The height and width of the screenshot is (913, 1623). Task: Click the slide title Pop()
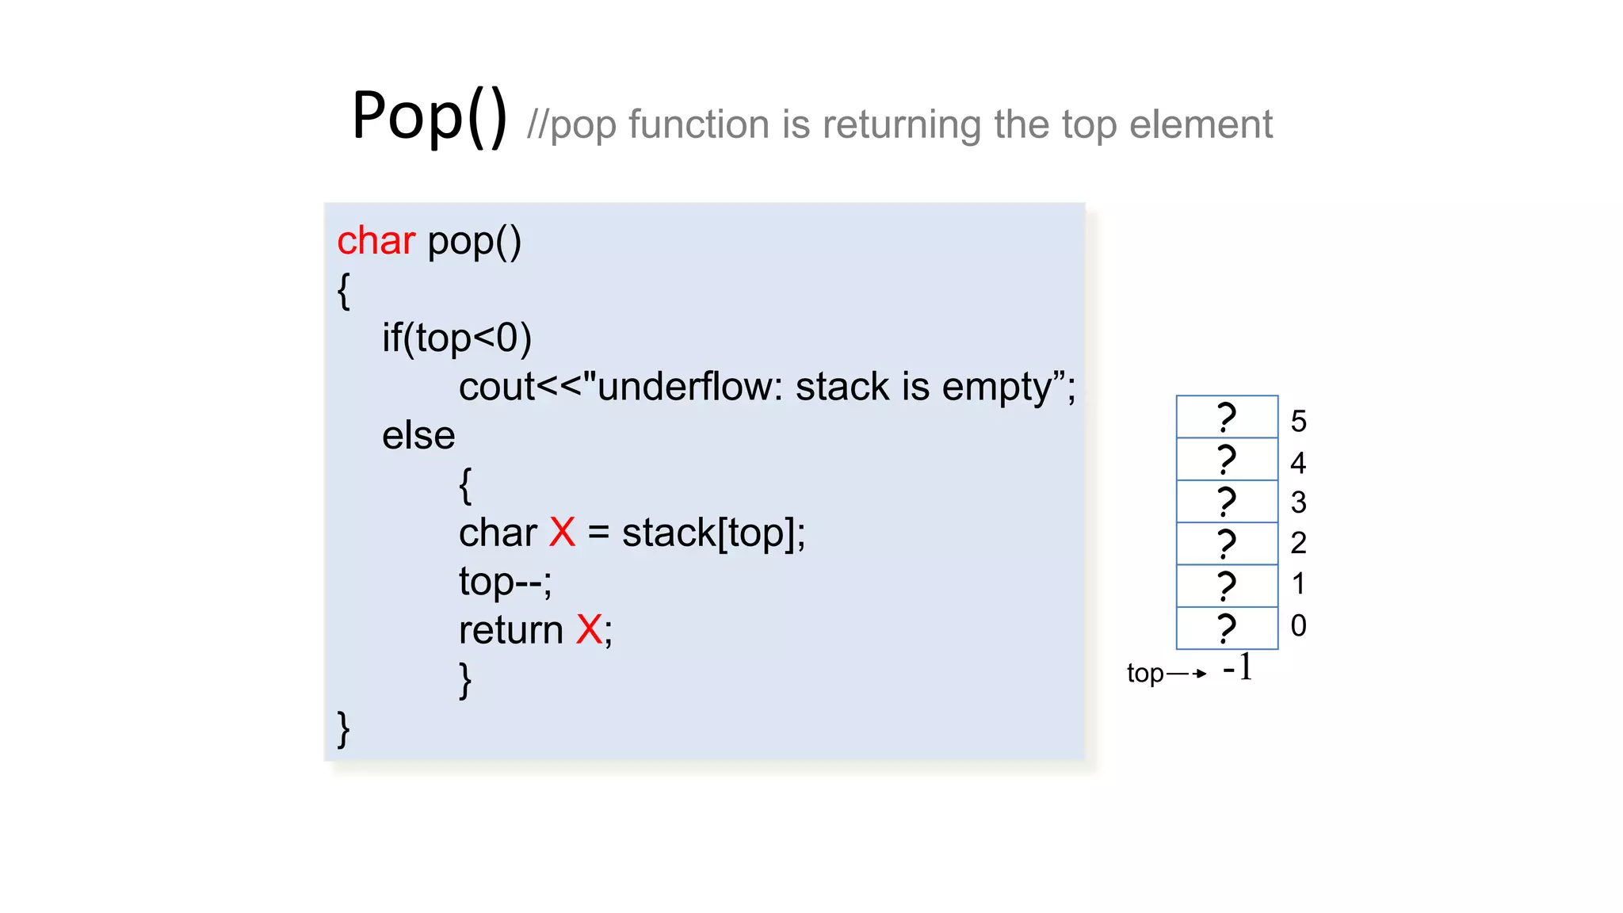coord(429,117)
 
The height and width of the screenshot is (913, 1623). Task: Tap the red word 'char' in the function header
coord(376,241)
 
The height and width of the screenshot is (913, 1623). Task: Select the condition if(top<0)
coord(456,338)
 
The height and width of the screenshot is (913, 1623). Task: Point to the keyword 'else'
coord(418,436)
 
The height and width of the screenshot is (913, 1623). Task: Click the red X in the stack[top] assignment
coord(562,533)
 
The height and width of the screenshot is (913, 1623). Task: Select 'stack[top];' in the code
coord(713,533)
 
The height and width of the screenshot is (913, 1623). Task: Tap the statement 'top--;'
coord(505,582)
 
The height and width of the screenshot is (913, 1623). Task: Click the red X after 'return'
coord(589,630)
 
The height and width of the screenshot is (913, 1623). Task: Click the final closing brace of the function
coord(343,729)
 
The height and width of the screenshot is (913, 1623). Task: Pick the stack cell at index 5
coord(1227,417)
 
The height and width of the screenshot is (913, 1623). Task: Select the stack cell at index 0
coord(1227,628)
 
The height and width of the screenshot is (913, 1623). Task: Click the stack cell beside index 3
coord(1227,502)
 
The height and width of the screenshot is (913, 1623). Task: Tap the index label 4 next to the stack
coord(1298,463)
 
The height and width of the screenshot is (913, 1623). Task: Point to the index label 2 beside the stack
coord(1298,544)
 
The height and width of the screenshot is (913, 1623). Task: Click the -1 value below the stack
coord(1238,668)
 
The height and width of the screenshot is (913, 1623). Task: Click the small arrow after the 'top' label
coord(1186,674)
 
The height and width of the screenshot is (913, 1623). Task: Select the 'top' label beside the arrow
coord(1145,674)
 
